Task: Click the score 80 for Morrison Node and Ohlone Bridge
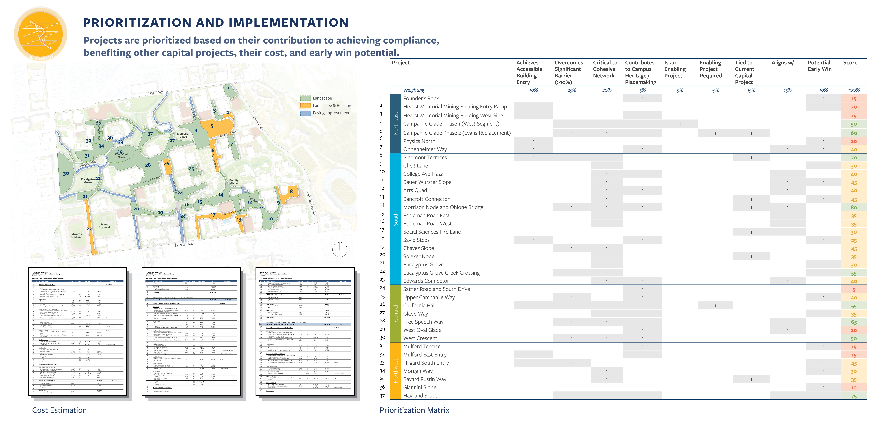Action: coord(854,207)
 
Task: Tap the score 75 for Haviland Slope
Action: coord(854,396)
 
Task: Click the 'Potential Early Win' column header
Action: coord(819,66)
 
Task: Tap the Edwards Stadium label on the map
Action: coord(76,236)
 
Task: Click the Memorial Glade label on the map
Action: coord(183,135)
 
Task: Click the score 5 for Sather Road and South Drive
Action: coord(854,290)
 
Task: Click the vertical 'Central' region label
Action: coord(396,313)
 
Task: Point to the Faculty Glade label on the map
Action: coord(234,182)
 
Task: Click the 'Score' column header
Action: coord(850,63)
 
